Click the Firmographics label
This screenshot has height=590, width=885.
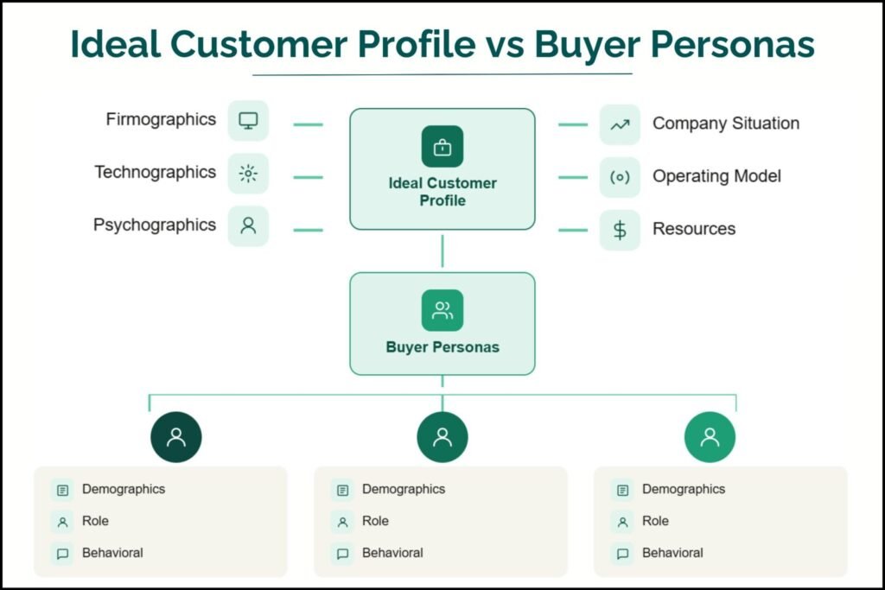(161, 119)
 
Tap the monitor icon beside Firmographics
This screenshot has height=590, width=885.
(248, 121)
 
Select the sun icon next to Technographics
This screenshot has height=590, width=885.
(248, 174)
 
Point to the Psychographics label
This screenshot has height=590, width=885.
(155, 225)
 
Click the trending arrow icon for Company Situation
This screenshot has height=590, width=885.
(620, 124)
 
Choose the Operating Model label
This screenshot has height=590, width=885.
(716, 176)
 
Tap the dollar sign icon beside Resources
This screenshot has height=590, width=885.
(620, 230)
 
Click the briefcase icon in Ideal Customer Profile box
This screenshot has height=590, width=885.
(442, 147)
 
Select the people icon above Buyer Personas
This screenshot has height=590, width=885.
(442, 310)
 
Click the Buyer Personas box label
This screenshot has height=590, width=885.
(442, 347)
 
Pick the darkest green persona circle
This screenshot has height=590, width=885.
(176, 437)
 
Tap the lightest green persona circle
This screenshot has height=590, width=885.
(710, 437)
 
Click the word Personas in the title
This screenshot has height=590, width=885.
(733, 43)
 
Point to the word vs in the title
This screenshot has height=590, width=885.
(505, 45)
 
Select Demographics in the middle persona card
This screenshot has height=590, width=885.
(404, 489)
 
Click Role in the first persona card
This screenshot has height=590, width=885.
(95, 521)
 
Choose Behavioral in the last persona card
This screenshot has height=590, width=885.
(672, 553)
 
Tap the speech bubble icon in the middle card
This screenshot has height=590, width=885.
(342, 554)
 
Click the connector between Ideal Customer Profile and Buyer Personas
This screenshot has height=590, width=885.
(442, 251)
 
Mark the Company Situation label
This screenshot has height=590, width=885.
(726, 124)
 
